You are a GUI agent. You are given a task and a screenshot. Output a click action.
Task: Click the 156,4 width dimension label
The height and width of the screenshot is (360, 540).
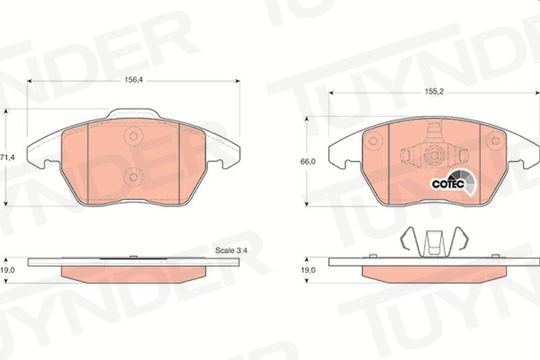pyautogui.click(x=134, y=80)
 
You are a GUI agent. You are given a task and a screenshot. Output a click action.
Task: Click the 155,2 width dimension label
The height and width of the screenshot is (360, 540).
pyautogui.click(x=434, y=92)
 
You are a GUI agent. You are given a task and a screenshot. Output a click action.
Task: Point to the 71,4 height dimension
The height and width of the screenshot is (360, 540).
pyautogui.click(x=7, y=157)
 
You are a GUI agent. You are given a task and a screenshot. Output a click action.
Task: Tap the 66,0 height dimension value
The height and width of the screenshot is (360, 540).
pyautogui.click(x=308, y=161)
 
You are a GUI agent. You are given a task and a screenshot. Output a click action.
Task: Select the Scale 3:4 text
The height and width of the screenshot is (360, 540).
pyautogui.click(x=231, y=250)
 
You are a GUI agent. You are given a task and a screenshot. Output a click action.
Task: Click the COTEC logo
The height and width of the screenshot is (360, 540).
pyautogui.click(x=453, y=183)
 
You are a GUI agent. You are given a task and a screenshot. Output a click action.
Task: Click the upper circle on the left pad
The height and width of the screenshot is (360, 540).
pyautogui.click(x=133, y=135)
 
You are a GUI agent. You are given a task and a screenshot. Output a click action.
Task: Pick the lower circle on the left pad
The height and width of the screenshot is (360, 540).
pyautogui.click(x=133, y=177)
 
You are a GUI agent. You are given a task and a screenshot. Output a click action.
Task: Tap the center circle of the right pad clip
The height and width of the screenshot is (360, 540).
pyautogui.click(x=432, y=155)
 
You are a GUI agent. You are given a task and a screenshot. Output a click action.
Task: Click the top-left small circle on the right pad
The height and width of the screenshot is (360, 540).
pyautogui.click(x=373, y=141)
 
